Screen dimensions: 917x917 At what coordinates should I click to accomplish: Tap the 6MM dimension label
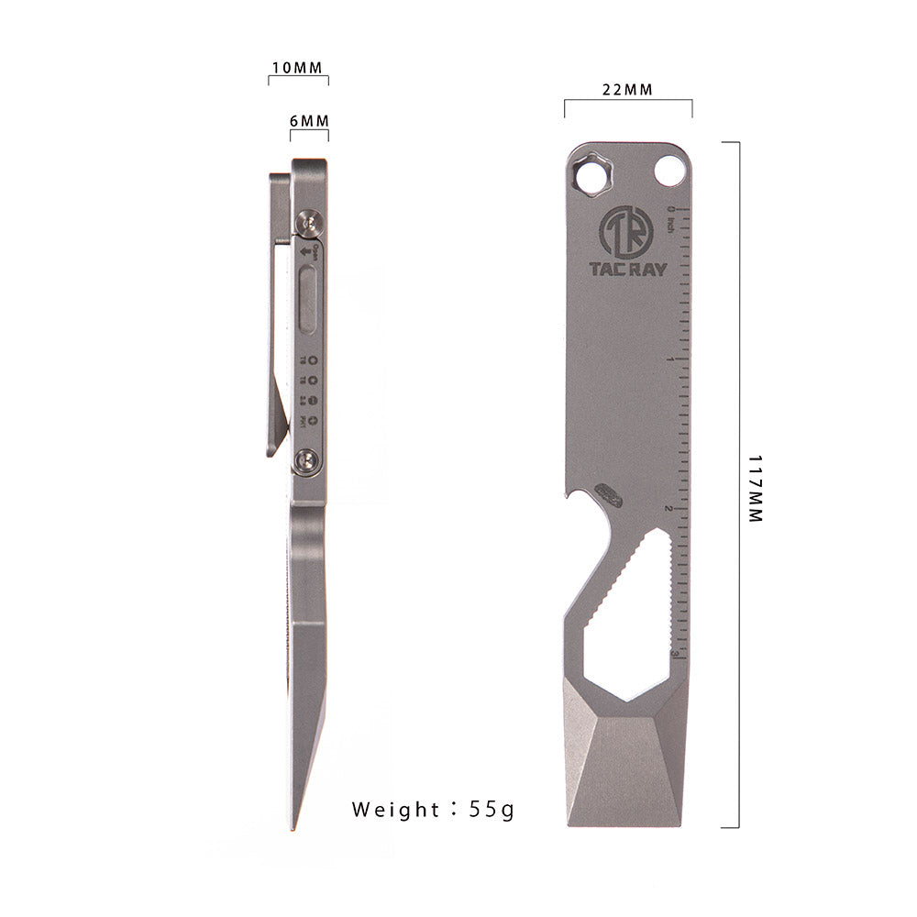click(309, 121)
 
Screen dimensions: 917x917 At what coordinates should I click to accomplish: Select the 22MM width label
click(627, 90)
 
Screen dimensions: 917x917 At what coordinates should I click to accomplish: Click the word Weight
click(395, 810)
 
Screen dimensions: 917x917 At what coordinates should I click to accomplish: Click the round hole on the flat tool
click(672, 171)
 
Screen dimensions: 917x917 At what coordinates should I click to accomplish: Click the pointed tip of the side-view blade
click(296, 829)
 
